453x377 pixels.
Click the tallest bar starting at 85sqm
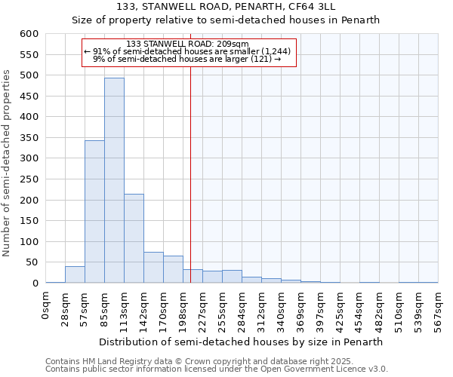[x=114, y=180]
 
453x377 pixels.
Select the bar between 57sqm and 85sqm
[x=94, y=211]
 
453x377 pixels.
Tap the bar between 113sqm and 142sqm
[x=134, y=238]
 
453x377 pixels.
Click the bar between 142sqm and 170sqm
[x=153, y=268]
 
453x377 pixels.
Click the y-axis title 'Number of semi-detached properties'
[x=7, y=163]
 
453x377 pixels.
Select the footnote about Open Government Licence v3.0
[x=217, y=369]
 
